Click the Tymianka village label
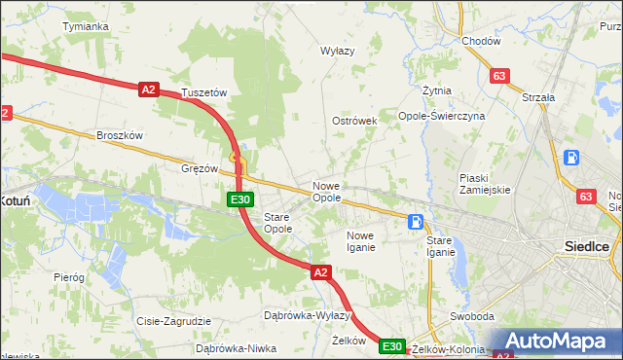coord(85,26)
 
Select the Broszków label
coord(120,135)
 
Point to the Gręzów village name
coord(200,167)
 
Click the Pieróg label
coord(69,277)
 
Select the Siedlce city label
coord(587,246)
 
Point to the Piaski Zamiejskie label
coord(485,183)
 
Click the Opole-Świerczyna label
coord(441,115)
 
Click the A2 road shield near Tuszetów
coord(148,90)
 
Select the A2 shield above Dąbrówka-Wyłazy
coord(321,274)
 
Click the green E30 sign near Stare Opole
coord(241,199)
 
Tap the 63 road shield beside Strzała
coord(500,75)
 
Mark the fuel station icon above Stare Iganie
coord(416,222)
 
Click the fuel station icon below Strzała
coord(571,158)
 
